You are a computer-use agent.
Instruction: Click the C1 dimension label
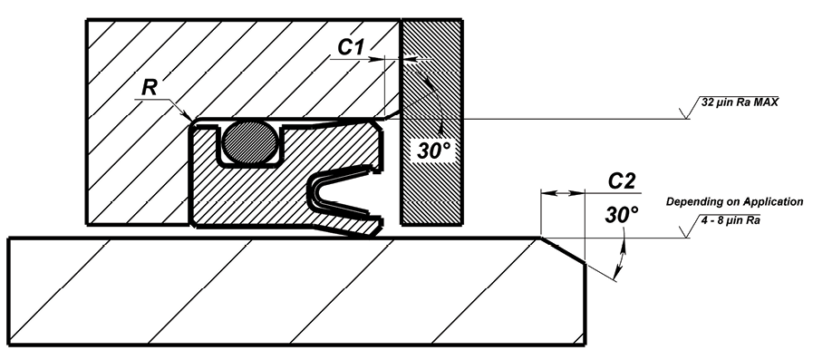(x=351, y=47)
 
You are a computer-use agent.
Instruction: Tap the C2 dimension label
(x=622, y=181)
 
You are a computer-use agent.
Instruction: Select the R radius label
(x=150, y=88)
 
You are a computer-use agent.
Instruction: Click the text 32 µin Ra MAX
(x=740, y=102)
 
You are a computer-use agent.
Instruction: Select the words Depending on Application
(x=735, y=201)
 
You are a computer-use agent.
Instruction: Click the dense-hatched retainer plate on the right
(x=432, y=122)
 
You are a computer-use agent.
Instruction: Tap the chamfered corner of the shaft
(x=564, y=251)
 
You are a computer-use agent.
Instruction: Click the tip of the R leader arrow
(x=191, y=121)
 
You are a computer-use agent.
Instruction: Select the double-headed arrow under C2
(x=563, y=193)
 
